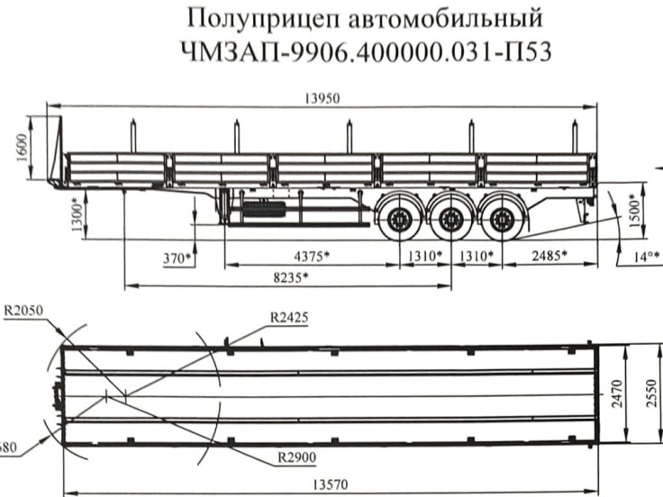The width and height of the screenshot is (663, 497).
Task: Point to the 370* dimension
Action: [177, 258]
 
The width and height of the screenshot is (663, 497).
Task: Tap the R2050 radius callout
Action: [24, 312]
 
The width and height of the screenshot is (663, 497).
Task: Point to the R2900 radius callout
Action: [298, 457]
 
